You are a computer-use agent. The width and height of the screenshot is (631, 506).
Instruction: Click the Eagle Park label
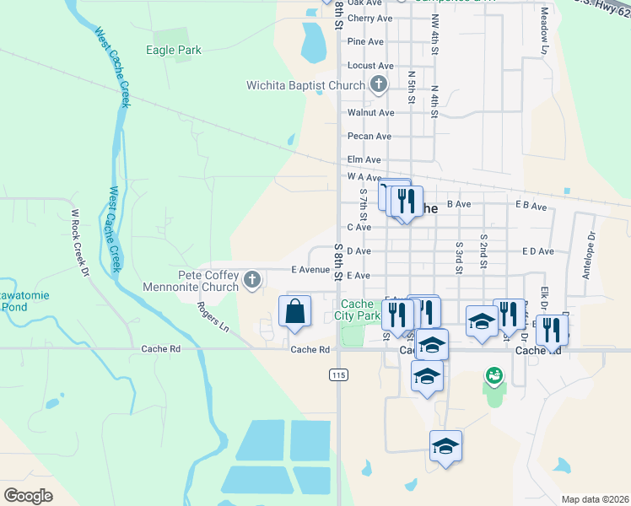coord(174,51)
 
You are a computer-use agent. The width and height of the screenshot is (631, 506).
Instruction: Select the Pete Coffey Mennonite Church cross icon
coord(251,280)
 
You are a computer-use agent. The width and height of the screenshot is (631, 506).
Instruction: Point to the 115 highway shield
coord(339,375)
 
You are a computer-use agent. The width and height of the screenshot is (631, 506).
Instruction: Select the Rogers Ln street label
coord(213,315)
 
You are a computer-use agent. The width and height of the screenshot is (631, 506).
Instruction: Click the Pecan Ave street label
coord(369,136)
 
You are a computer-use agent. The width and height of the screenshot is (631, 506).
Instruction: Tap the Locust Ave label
coord(370,66)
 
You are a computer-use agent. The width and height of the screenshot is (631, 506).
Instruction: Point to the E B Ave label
coord(531,205)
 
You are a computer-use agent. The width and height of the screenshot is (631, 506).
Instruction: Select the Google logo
coord(29,495)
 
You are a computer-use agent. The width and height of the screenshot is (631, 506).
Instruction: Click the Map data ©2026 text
coord(594,499)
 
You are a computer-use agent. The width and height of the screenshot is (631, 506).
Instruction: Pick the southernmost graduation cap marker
coord(445,446)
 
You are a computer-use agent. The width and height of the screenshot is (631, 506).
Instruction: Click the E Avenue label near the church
coord(309,270)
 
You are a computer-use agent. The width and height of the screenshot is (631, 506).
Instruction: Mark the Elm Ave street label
coord(364,159)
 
